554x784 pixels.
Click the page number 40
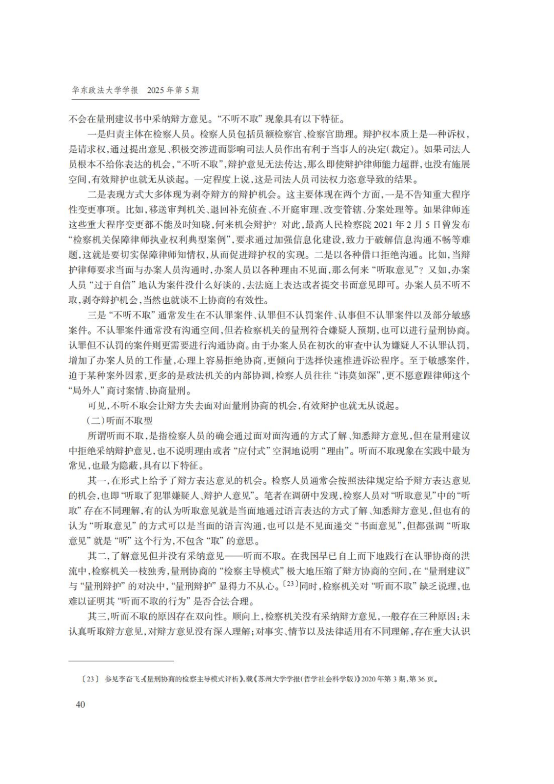tap(80, 704)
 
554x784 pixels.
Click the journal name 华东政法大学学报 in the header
tap(105, 90)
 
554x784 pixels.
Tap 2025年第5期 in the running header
tap(173, 90)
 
